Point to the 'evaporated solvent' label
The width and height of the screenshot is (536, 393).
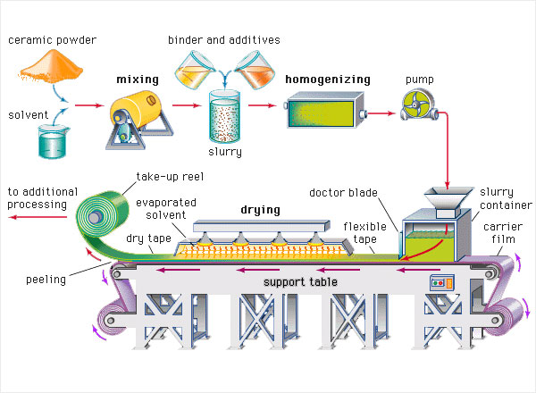point(163,209)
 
